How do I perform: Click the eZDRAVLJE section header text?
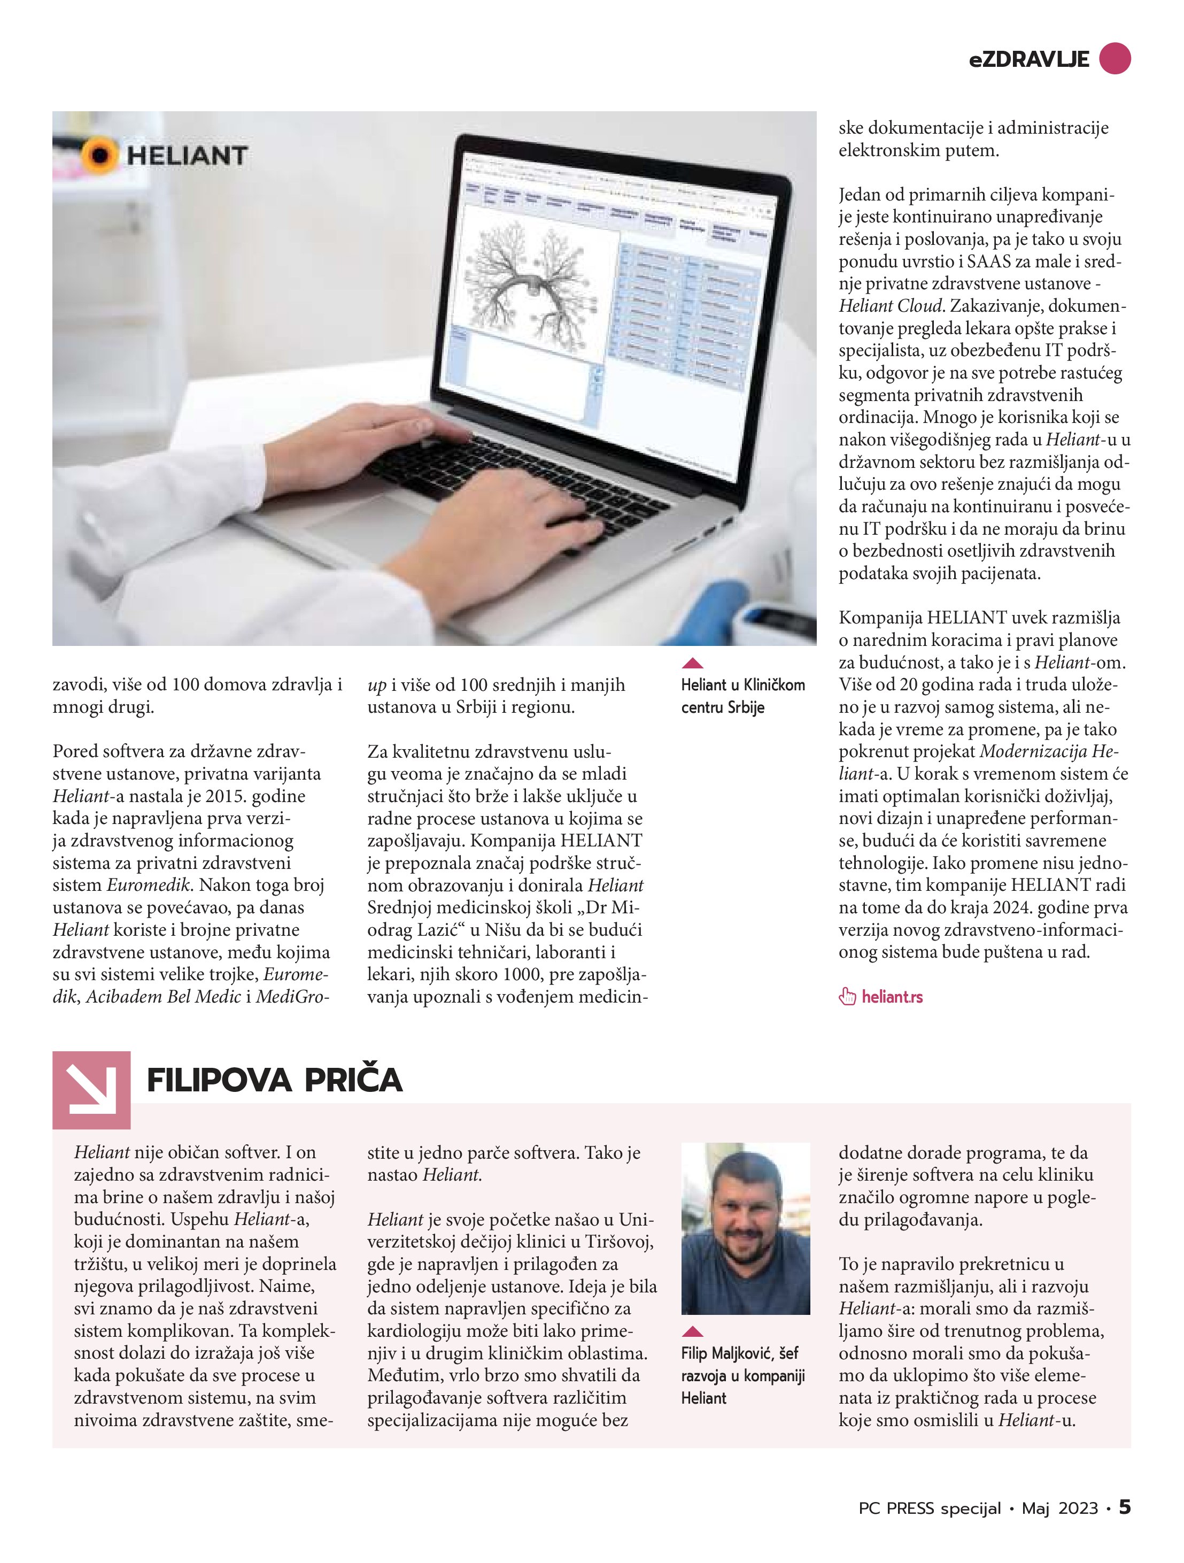[x=1028, y=59]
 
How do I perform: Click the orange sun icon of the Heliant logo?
[x=99, y=155]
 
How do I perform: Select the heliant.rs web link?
[x=892, y=997]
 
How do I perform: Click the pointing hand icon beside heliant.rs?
[x=847, y=997]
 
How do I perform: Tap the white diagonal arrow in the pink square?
[x=91, y=1089]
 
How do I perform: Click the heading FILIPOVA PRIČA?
[x=274, y=1080]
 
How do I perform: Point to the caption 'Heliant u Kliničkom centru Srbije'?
[x=742, y=696]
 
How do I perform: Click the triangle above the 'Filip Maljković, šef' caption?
[x=693, y=1331]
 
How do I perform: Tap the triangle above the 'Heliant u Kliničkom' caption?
[x=693, y=663]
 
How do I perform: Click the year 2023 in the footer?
[x=1078, y=1508]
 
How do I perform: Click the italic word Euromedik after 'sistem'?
[x=149, y=884]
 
